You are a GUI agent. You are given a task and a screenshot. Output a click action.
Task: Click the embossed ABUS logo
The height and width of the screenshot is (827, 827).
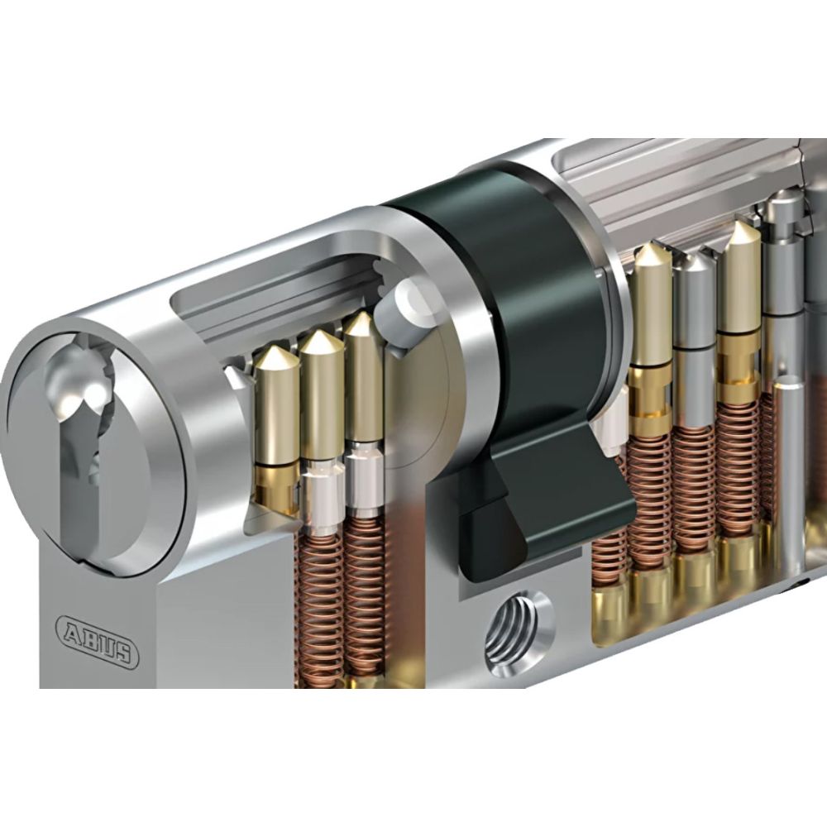pyautogui.click(x=97, y=638)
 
